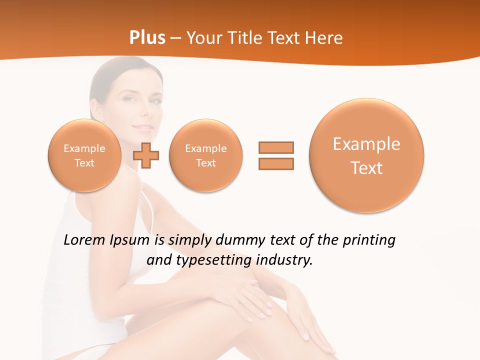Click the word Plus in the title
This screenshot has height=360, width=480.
tap(147, 38)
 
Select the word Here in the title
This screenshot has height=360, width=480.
tap(324, 38)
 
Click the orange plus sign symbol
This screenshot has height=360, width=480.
tap(146, 156)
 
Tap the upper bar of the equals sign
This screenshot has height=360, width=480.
tap(276, 147)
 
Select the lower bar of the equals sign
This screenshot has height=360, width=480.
tap(276, 163)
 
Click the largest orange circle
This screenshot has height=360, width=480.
tap(366, 155)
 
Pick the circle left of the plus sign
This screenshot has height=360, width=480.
tap(84, 155)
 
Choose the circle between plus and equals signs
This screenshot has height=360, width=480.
tap(206, 155)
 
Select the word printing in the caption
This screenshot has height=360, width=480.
tap(369, 240)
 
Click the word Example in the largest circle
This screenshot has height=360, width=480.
tap(366, 144)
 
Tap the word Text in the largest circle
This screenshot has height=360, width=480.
tap(366, 168)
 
